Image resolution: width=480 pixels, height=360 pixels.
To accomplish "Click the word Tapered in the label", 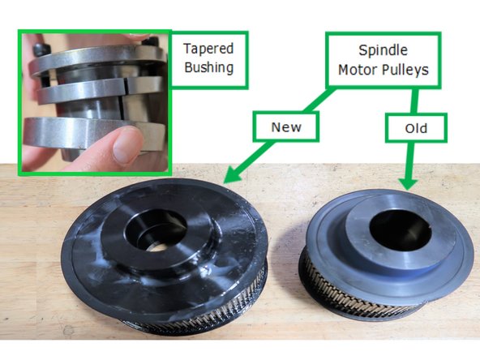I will (208, 48).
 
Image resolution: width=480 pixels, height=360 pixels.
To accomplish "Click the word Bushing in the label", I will (208, 67).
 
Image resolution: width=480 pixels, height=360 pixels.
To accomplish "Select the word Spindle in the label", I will (383, 50).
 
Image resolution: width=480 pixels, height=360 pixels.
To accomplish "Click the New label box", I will (286, 126).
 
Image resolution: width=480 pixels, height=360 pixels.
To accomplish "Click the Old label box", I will (415, 129).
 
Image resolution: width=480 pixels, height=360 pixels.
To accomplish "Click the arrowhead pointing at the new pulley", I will (229, 174).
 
